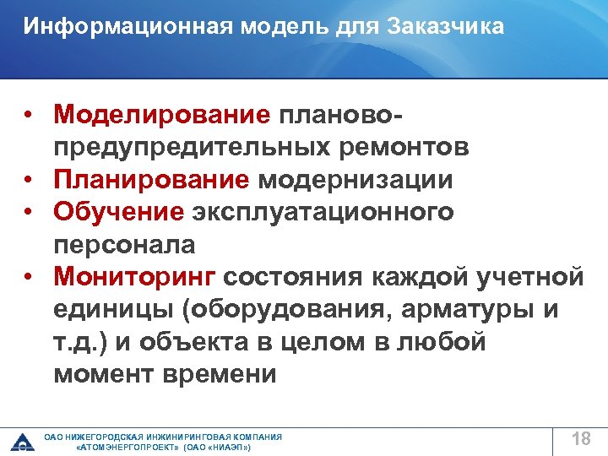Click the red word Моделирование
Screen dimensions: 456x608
(x=161, y=113)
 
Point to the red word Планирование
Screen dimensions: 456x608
(x=151, y=179)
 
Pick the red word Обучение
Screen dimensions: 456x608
(x=118, y=212)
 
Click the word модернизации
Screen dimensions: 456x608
(x=355, y=179)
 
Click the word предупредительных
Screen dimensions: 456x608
(x=211, y=147)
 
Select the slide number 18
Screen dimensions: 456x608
(x=580, y=438)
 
